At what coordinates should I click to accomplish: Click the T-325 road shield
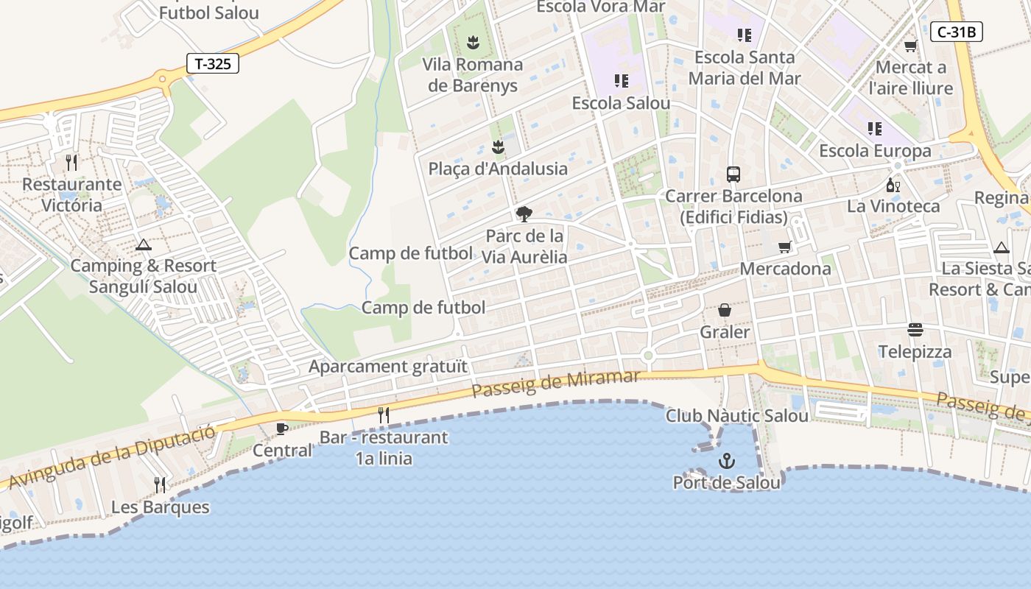click(x=213, y=63)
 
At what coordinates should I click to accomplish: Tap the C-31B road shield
click(x=957, y=32)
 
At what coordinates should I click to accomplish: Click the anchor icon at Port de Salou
click(x=727, y=462)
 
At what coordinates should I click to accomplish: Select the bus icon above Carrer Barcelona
click(x=733, y=174)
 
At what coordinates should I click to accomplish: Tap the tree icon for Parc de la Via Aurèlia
click(x=524, y=214)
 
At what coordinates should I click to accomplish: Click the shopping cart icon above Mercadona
click(x=785, y=247)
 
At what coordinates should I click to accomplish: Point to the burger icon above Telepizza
click(x=915, y=329)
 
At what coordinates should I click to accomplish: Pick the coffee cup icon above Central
click(x=281, y=428)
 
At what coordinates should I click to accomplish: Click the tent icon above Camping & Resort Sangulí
click(x=144, y=244)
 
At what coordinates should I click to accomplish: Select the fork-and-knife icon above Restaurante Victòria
click(x=71, y=162)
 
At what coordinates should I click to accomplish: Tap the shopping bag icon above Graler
click(x=725, y=311)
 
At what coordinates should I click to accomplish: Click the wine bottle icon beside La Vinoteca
click(x=893, y=185)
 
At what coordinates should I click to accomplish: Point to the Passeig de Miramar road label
click(x=556, y=383)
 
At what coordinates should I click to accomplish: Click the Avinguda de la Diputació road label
click(x=110, y=456)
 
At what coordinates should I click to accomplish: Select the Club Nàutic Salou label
click(x=737, y=416)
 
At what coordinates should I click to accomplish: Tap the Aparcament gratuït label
click(x=388, y=366)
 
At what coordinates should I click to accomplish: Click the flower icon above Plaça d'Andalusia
click(x=499, y=147)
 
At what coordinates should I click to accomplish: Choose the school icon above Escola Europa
click(x=875, y=129)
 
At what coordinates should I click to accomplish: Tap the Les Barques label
click(x=161, y=507)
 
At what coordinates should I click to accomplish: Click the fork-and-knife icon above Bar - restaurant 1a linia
click(x=384, y=415)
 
